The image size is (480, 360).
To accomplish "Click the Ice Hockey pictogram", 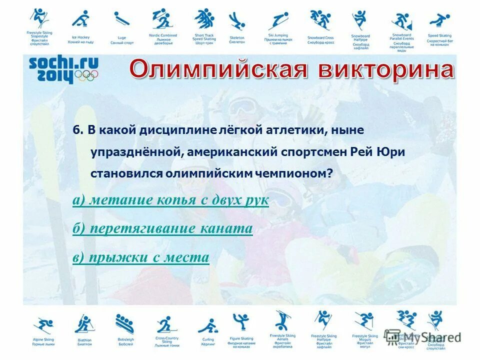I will coord(80,19).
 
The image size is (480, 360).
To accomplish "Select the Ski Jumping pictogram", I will coord(278,20).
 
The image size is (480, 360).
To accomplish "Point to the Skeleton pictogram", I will coord(236,21).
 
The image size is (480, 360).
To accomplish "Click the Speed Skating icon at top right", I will coord(439,20).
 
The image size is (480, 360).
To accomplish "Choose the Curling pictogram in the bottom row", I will coord(207,325).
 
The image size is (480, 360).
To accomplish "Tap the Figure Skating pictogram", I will coord(240,322).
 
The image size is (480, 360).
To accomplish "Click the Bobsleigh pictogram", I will coord(124,324).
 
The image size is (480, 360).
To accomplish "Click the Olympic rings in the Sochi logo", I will coord(88,75).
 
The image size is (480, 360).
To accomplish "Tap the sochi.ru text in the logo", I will coord(63,63).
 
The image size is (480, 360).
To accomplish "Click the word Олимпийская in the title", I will coord(216,70).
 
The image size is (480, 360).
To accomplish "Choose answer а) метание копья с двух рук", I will coord(170,200).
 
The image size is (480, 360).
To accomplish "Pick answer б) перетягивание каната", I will coord(162,229).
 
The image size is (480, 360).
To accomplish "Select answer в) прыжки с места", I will coord(140,257).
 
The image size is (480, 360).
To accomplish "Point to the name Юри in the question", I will coord(392,151).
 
